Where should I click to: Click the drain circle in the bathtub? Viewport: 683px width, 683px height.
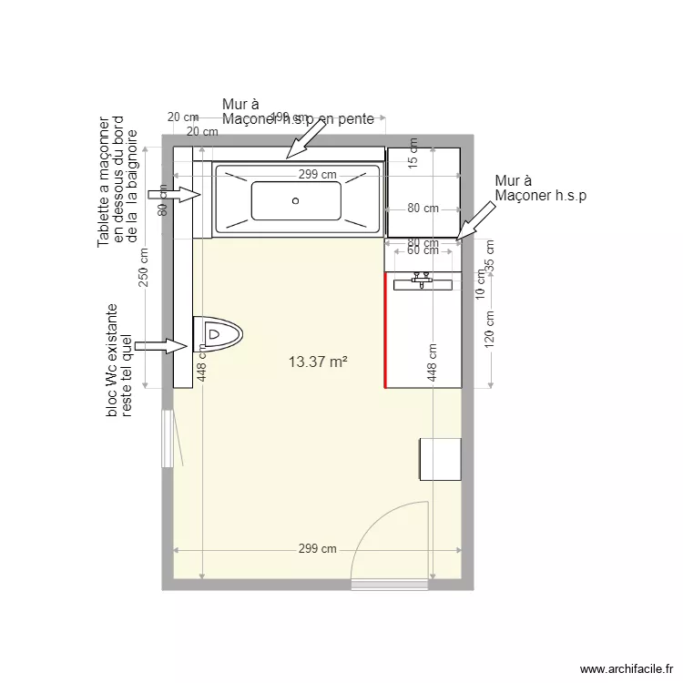295,200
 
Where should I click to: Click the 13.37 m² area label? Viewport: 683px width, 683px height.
318,362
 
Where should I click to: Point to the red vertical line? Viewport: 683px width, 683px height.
384,329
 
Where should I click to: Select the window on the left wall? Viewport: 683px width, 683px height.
167,439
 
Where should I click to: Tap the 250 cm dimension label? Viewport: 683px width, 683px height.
143,266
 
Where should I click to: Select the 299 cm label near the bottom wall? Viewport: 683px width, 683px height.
317,549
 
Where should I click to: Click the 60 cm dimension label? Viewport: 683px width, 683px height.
423,251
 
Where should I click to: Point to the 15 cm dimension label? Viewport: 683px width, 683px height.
413,153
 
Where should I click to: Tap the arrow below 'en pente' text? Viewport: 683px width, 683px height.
305,139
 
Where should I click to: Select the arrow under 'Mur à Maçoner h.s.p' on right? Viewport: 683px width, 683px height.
477,221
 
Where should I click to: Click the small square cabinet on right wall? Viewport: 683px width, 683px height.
440,459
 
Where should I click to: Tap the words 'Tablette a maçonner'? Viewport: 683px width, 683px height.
104,182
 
